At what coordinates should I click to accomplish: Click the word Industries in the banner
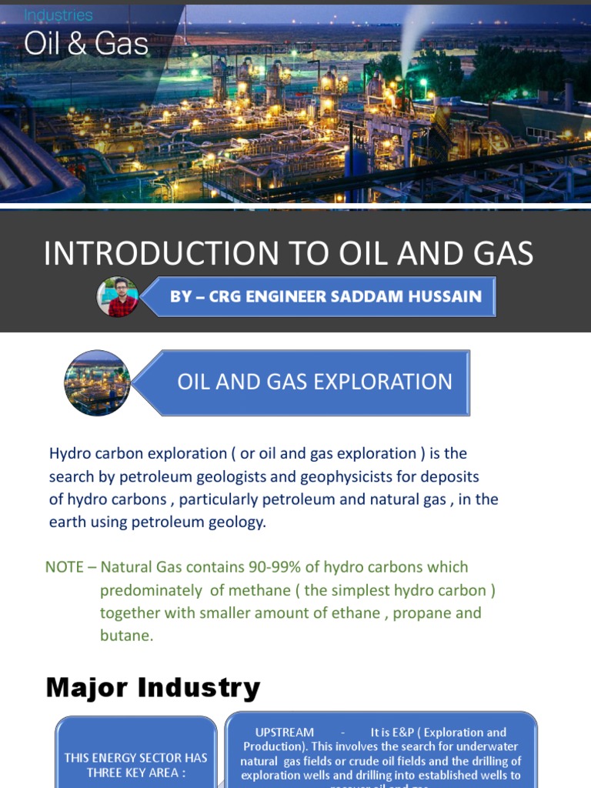[58, 15]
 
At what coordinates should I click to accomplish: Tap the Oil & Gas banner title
[85, 44]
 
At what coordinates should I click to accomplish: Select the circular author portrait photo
[118, 297]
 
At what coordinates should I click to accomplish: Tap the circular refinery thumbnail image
[97, 382]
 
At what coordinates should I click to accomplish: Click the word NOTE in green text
[64, 567]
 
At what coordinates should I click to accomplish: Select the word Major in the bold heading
[85, 687]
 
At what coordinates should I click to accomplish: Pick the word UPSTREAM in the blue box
[284, 733]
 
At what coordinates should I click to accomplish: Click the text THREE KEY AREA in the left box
[135, 772]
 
